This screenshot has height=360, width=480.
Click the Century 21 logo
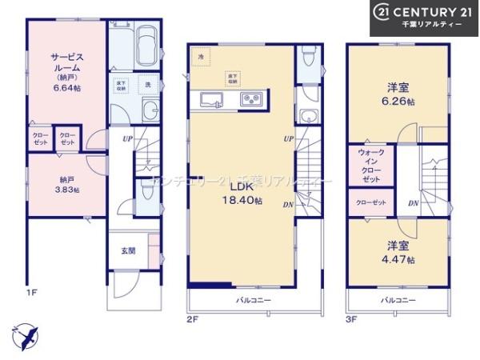[x=424, y=17]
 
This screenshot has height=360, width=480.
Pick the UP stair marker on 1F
[x=126, y=139]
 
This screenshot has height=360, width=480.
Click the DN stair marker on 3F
[x=413, y=204]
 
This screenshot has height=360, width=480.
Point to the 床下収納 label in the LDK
[x=232, y=78]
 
